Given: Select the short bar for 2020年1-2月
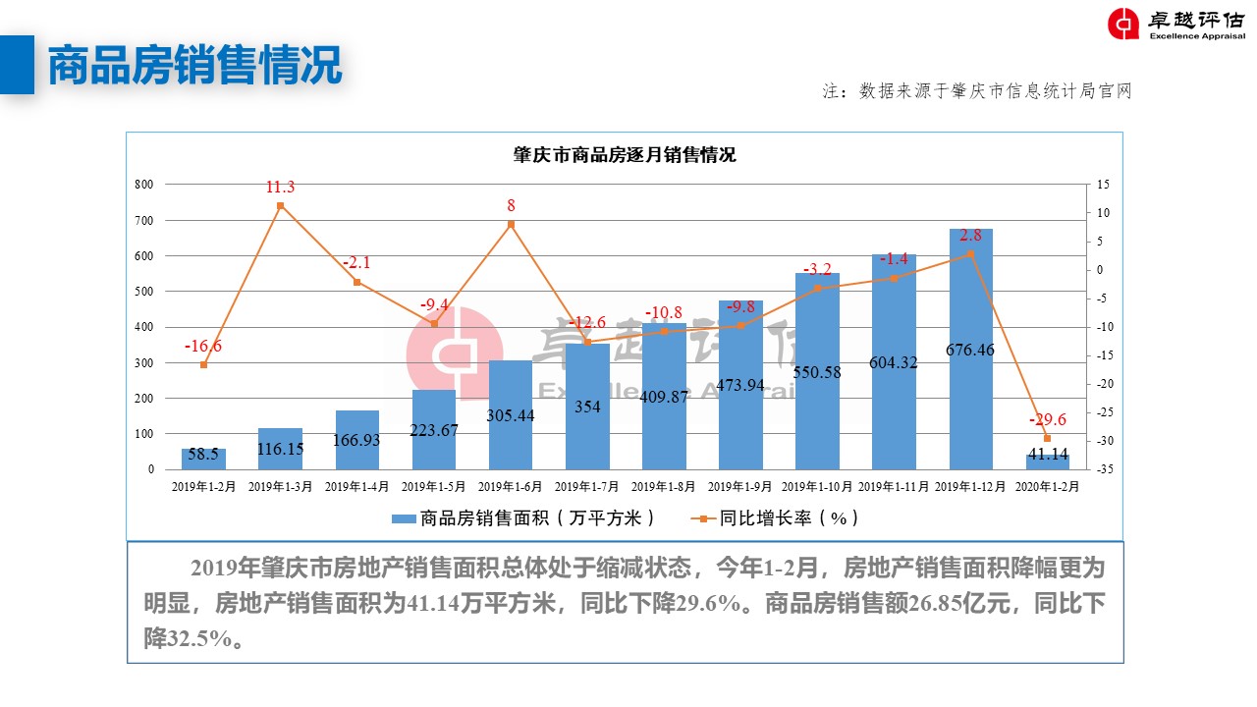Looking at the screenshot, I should tap(1047, 462).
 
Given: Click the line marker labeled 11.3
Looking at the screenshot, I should tap(280, 205).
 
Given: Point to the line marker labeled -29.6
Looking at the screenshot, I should tap(1047, 438).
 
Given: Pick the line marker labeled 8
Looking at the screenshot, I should tap(511, 224).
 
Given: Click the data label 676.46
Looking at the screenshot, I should tap(970, 350).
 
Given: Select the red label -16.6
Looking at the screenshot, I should tap(203, 346).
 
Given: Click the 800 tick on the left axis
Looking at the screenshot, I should tap(144, 185).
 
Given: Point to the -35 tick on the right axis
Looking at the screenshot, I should tap(1105, 470).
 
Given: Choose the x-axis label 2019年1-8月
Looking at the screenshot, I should tap(664, 486).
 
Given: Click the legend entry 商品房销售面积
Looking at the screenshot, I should tap(522, 517).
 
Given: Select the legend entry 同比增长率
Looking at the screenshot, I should tap(777, 517).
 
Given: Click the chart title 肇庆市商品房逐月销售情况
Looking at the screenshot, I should tap(624, 155).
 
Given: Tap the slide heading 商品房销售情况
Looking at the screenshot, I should tap(194, 65).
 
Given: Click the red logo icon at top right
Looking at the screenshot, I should tap(1123, 25).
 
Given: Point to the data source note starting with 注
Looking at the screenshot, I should tap(977, 91).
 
